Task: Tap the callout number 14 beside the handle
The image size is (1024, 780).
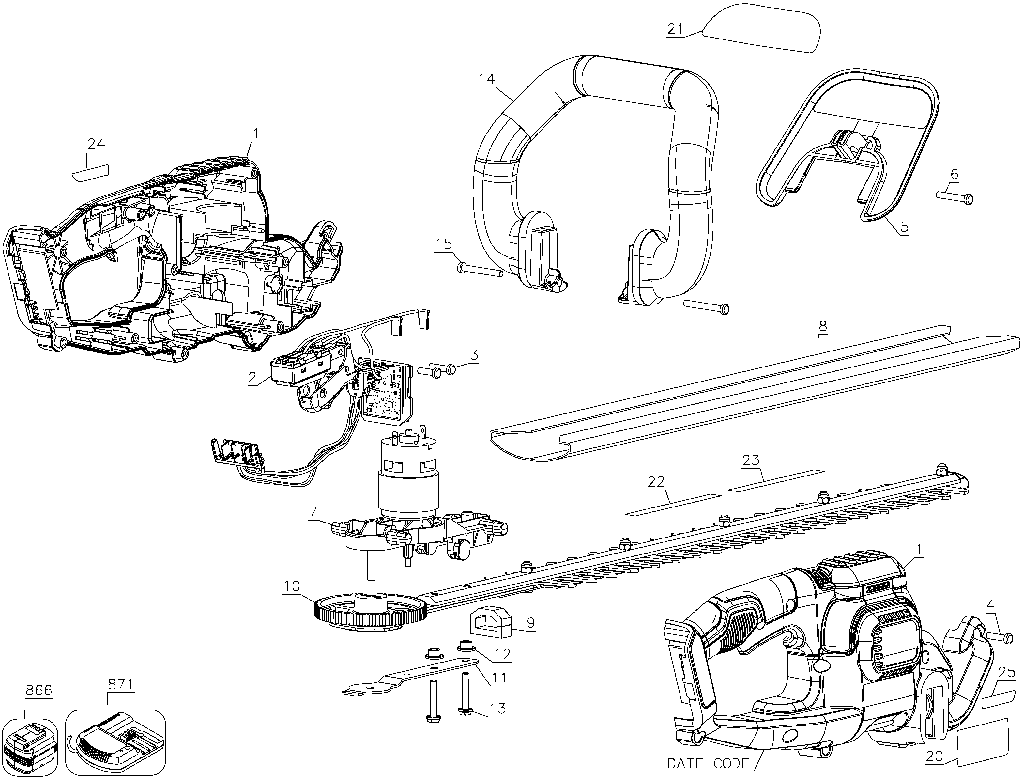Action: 487,79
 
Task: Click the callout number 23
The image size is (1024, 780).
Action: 751,460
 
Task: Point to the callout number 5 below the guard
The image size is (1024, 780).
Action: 904,227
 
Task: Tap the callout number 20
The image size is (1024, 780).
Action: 934,756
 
